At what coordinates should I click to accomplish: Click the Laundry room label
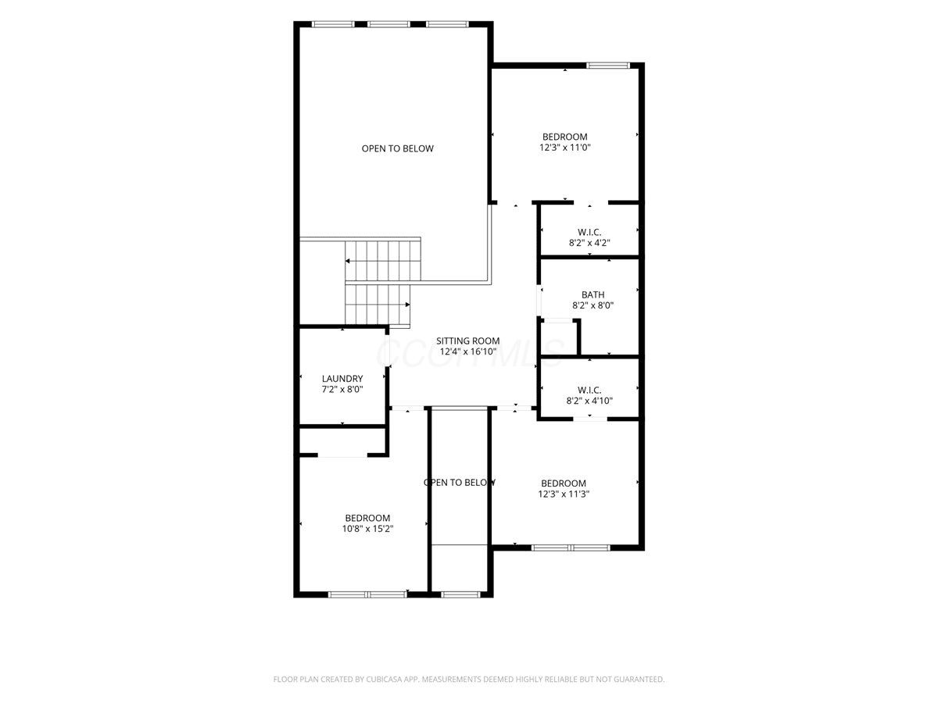click(342, 378)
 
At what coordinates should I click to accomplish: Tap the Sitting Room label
click(468, 341)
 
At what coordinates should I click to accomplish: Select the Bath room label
click(593, 294)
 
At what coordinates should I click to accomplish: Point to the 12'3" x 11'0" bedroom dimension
click(565, 148)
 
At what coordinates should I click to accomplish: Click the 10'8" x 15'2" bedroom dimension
click(367, 529)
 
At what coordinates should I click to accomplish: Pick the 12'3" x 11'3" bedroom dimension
click(564, 494)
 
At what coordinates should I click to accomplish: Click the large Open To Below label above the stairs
click(397, 148)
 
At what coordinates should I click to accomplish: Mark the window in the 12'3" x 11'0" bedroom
click(607, 66)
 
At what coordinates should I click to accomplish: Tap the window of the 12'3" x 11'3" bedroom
click(571, 548)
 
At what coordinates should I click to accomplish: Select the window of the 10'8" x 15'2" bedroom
click(367, 594)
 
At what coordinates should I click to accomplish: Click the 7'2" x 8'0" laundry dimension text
click(342, 389)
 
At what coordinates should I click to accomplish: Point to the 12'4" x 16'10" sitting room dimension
click(468, 351)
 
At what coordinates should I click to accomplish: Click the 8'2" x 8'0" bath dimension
click(593, 305)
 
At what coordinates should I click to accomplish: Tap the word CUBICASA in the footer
click(384, 679)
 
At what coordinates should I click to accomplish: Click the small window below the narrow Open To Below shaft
click(460, 594)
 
